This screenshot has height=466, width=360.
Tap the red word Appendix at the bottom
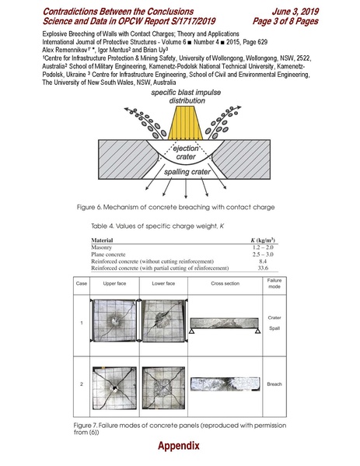click(180, 447)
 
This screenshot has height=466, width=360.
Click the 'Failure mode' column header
click(274, 282)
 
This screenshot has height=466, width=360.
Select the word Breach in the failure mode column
click(274, 384)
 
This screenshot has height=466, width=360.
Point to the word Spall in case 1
click(274, 328)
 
